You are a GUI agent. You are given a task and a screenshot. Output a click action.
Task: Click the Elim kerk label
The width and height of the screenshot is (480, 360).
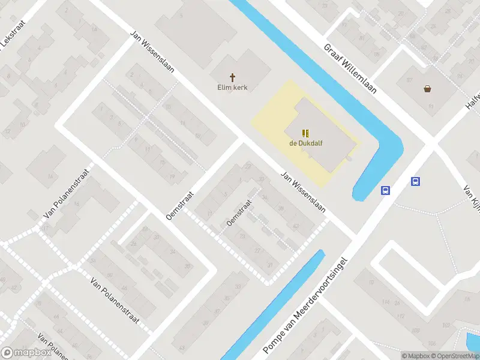coord(232,88)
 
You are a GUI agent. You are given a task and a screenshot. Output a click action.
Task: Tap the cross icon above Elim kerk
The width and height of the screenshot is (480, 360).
coord(232,77)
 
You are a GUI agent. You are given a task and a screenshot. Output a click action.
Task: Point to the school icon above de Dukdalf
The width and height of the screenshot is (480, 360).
coord(305,133)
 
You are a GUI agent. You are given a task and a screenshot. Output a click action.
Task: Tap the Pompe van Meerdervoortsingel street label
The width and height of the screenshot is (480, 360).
coord(305,305)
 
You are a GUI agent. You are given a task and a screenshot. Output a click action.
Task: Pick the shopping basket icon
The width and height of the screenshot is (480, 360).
coord(427,89)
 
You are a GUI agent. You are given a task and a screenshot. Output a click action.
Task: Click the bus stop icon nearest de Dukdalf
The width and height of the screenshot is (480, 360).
coord(385,191)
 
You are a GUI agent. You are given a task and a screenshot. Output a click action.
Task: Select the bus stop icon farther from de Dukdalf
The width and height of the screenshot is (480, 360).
coord(415,181)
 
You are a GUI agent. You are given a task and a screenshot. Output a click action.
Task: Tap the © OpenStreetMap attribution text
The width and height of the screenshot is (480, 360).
coord(455,356)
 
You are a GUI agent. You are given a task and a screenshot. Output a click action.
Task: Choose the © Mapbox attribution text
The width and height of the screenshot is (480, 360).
coord(415,356)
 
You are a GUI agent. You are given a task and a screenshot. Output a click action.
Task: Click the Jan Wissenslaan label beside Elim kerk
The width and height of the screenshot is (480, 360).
coord(152,52)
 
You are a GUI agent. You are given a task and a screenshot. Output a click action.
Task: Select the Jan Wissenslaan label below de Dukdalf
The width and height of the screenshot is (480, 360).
coord(303,193)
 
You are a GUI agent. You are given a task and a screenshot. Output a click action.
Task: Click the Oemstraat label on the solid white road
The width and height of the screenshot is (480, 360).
coord(181,205)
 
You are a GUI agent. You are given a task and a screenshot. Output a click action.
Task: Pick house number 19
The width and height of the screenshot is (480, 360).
coord(172,177)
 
